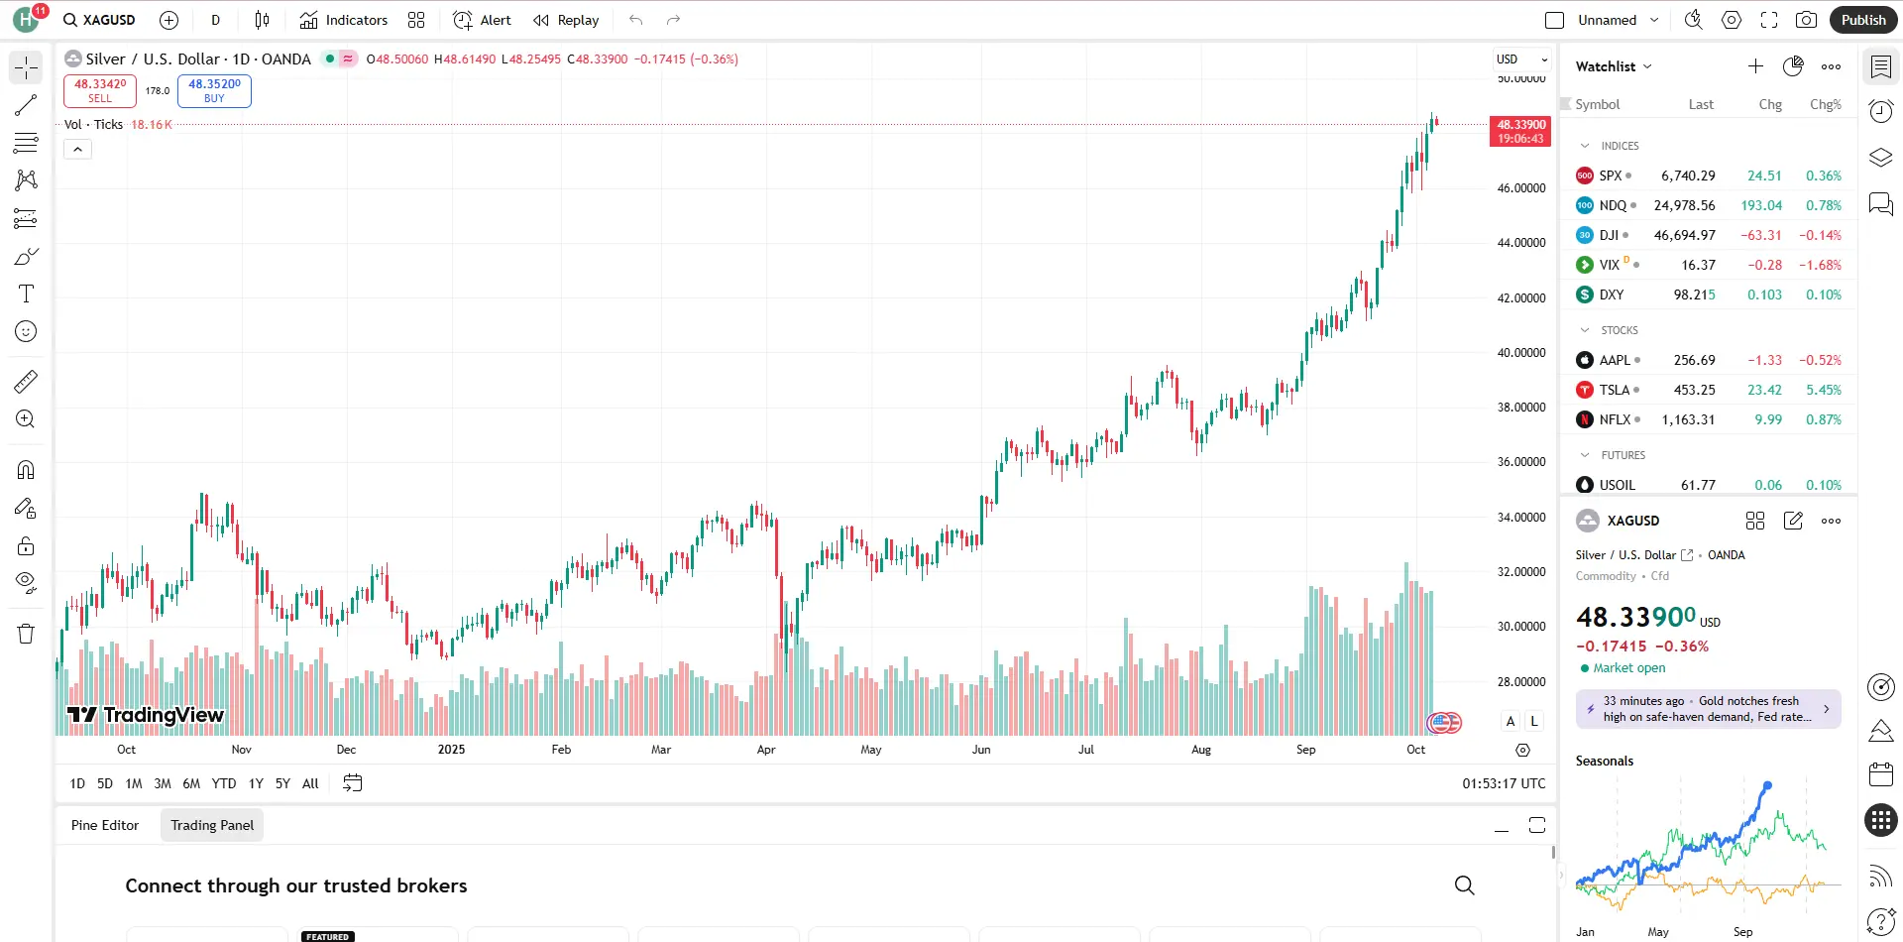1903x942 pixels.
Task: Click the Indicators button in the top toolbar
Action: coord(344,20)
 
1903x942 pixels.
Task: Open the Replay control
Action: coord(566,20)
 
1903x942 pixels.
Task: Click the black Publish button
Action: coord(1862,20)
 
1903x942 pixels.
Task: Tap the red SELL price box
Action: coord(100,90)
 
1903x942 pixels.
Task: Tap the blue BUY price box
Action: coord(214,90)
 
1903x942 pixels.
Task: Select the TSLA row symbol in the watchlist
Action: coord(1614,390)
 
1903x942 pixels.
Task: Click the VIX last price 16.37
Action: coord(1698,265)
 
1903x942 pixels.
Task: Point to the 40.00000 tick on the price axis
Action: coord(1520,352)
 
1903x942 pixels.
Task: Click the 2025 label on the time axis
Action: coord(451,750)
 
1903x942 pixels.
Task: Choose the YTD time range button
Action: coord(224,783)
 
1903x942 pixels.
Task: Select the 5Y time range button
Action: coord(282,783)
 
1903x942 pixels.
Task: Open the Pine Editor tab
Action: coord(105,825)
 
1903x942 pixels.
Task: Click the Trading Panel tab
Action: coord(212,825)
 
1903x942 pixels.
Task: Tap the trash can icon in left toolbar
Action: coord(26,634)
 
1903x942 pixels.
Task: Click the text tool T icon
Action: coord(26,294)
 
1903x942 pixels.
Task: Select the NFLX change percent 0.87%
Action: coord(1823,419)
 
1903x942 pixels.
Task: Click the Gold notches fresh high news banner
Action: coord(1708,709)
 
